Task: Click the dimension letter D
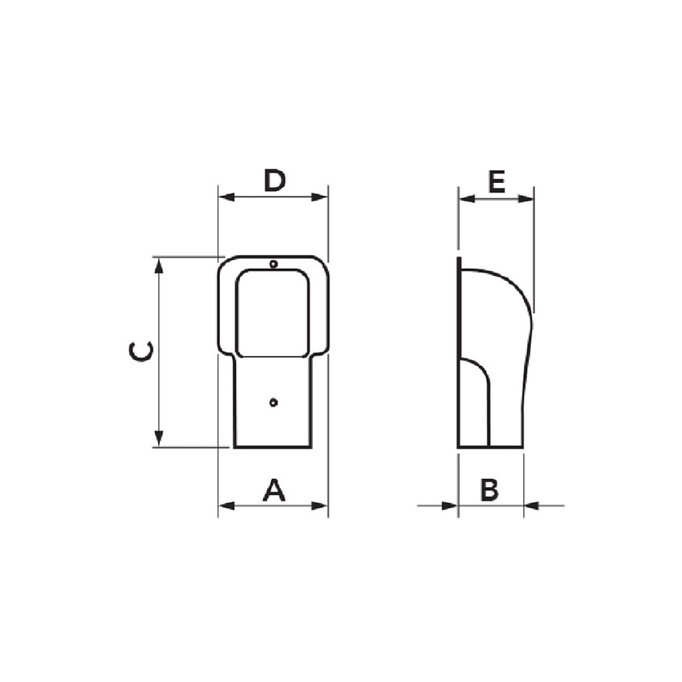(x=274, y=181)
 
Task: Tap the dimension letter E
(x=496, y=183)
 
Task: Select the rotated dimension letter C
(x=141, y=351)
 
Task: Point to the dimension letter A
(x=274, y=489)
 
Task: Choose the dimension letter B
(x=489, y=489)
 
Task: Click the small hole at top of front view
(x=274, y=264)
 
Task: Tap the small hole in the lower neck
(x=274, y=401)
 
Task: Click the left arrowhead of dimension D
(x=225, y=197)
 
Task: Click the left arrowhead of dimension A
(x=225, y=505)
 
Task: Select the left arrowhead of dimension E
(x=465, y=198)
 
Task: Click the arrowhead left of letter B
(x=450, y=505)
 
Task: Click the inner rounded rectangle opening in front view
(x=273, y=313)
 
